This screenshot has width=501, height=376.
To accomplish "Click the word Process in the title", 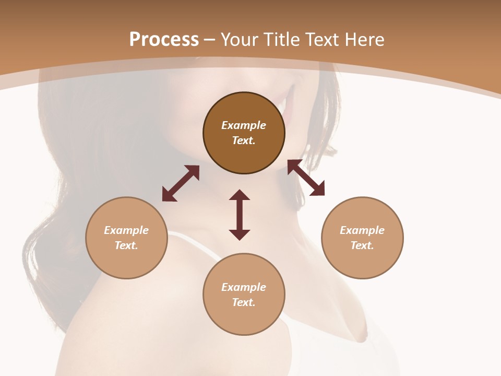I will coord(164,40).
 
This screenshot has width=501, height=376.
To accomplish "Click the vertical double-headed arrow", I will coord(240,215).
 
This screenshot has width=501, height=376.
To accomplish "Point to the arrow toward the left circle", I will coord(181,183).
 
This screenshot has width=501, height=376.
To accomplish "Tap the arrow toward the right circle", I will coord(306,178).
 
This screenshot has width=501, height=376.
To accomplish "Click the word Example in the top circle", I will coord(244,125).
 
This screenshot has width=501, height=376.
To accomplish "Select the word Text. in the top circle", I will coord(244,140).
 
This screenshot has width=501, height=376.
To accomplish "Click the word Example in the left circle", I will coord(126,230).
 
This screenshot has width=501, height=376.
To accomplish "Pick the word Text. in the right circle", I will coord(362,245).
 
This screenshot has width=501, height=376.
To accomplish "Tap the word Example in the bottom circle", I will coord(244,287).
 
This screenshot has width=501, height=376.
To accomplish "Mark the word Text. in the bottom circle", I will coord(244,302).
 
